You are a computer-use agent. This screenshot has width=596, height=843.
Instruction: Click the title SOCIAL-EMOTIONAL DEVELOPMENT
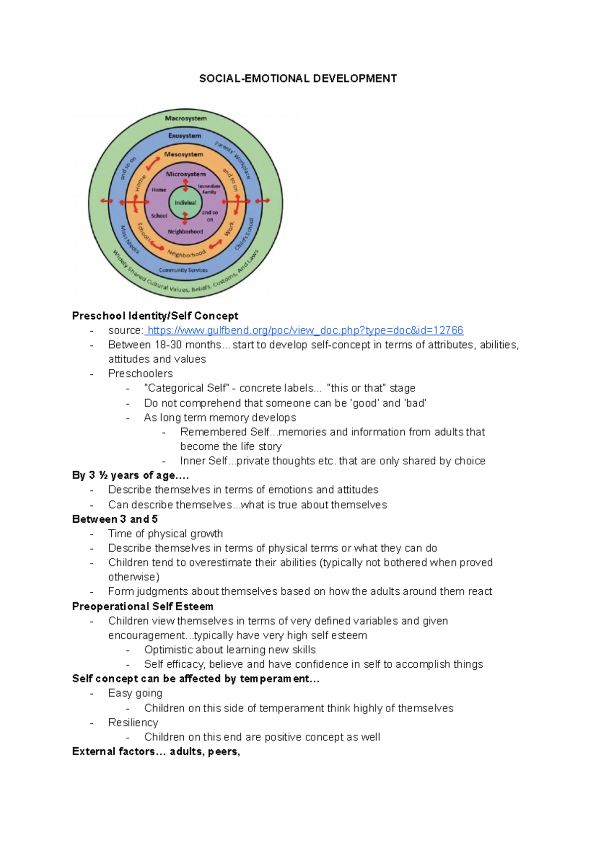(298, 78)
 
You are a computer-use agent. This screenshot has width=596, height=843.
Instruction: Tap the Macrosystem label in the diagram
(186, 118)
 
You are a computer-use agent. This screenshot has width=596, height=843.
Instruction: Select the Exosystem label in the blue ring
(185, 136)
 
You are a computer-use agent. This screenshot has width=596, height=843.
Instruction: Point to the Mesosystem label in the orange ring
(184, 154)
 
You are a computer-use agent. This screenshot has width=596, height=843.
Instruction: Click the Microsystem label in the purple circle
(186, 174)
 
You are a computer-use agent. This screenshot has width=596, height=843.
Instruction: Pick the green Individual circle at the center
(185, 203)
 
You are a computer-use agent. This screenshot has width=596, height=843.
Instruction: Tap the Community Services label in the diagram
(183, 271)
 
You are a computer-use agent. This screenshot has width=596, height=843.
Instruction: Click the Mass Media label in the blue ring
(130, 239)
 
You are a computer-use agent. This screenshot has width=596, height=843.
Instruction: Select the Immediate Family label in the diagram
(209, 189)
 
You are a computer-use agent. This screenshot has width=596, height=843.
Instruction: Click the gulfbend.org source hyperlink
(305, 330)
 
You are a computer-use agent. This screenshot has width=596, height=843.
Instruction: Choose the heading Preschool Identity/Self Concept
(155, 316)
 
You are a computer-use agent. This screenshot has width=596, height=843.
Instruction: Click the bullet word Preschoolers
(141, 373)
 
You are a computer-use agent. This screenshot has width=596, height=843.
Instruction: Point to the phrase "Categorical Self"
(186, 388)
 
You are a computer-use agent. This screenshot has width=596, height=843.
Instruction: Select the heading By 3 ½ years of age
(130, 475)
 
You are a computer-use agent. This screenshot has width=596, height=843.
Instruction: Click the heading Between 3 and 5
(115, 519)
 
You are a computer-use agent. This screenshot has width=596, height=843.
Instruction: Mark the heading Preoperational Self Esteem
(143, 606)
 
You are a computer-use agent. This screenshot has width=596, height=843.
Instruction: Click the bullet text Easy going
(135, 693)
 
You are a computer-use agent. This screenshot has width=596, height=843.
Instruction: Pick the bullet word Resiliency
(133, 722)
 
